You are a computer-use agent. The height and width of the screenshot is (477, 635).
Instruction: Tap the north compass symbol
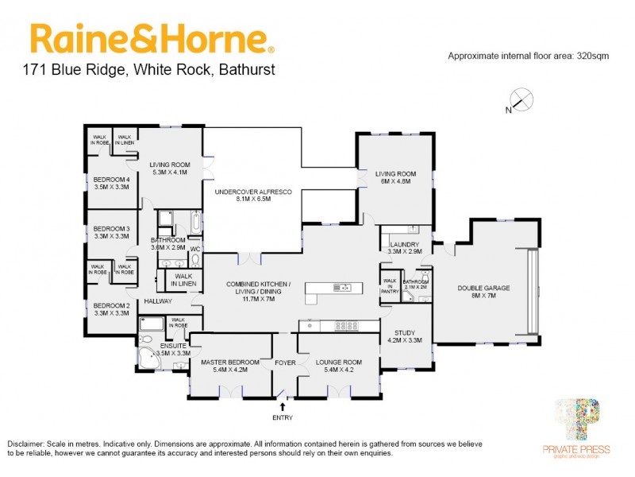pyautogui.click(x=519, y=101)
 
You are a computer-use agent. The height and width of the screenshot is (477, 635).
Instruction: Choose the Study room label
pyautogui.click(x=405, y=335)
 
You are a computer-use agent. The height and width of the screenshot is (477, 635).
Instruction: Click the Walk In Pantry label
pyautogui.click(x=390, y=285)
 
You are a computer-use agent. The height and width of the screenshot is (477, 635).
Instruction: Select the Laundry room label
pyautogui.click(x=404, y=246)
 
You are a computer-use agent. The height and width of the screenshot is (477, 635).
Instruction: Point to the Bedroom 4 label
pyautogui.click(x=111, y=184)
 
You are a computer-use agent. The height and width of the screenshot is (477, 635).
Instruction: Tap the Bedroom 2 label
pyautogui.click(x=111, y=308)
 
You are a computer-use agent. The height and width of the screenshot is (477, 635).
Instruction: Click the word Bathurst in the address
pyautogui.click(x=244, y=70)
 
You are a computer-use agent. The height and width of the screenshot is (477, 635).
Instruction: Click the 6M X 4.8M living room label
pyautogui.click(x=396, y=177)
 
